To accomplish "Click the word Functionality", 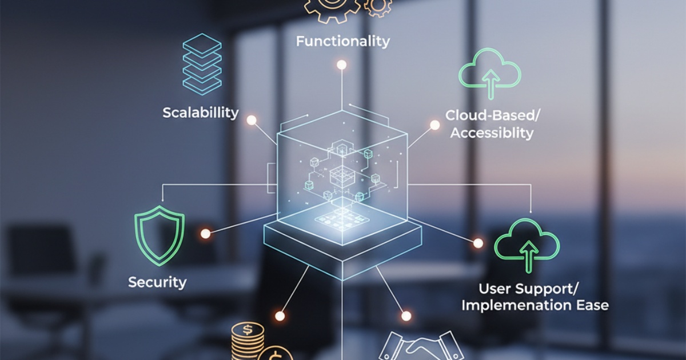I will (342, 41).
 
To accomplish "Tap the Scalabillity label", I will (200, 112).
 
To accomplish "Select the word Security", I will (157, 282).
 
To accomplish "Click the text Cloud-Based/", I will (492, 115).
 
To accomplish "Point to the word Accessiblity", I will (492, 133).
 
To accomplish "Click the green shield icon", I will (159, 235).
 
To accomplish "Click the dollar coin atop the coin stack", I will (248, 331).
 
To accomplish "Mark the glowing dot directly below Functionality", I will (341, 65).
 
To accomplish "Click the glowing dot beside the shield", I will (205, 234).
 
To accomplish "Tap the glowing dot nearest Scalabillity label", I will (251, 120).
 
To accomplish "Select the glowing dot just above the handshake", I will (406, 316).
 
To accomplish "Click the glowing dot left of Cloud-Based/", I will (434, 125).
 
